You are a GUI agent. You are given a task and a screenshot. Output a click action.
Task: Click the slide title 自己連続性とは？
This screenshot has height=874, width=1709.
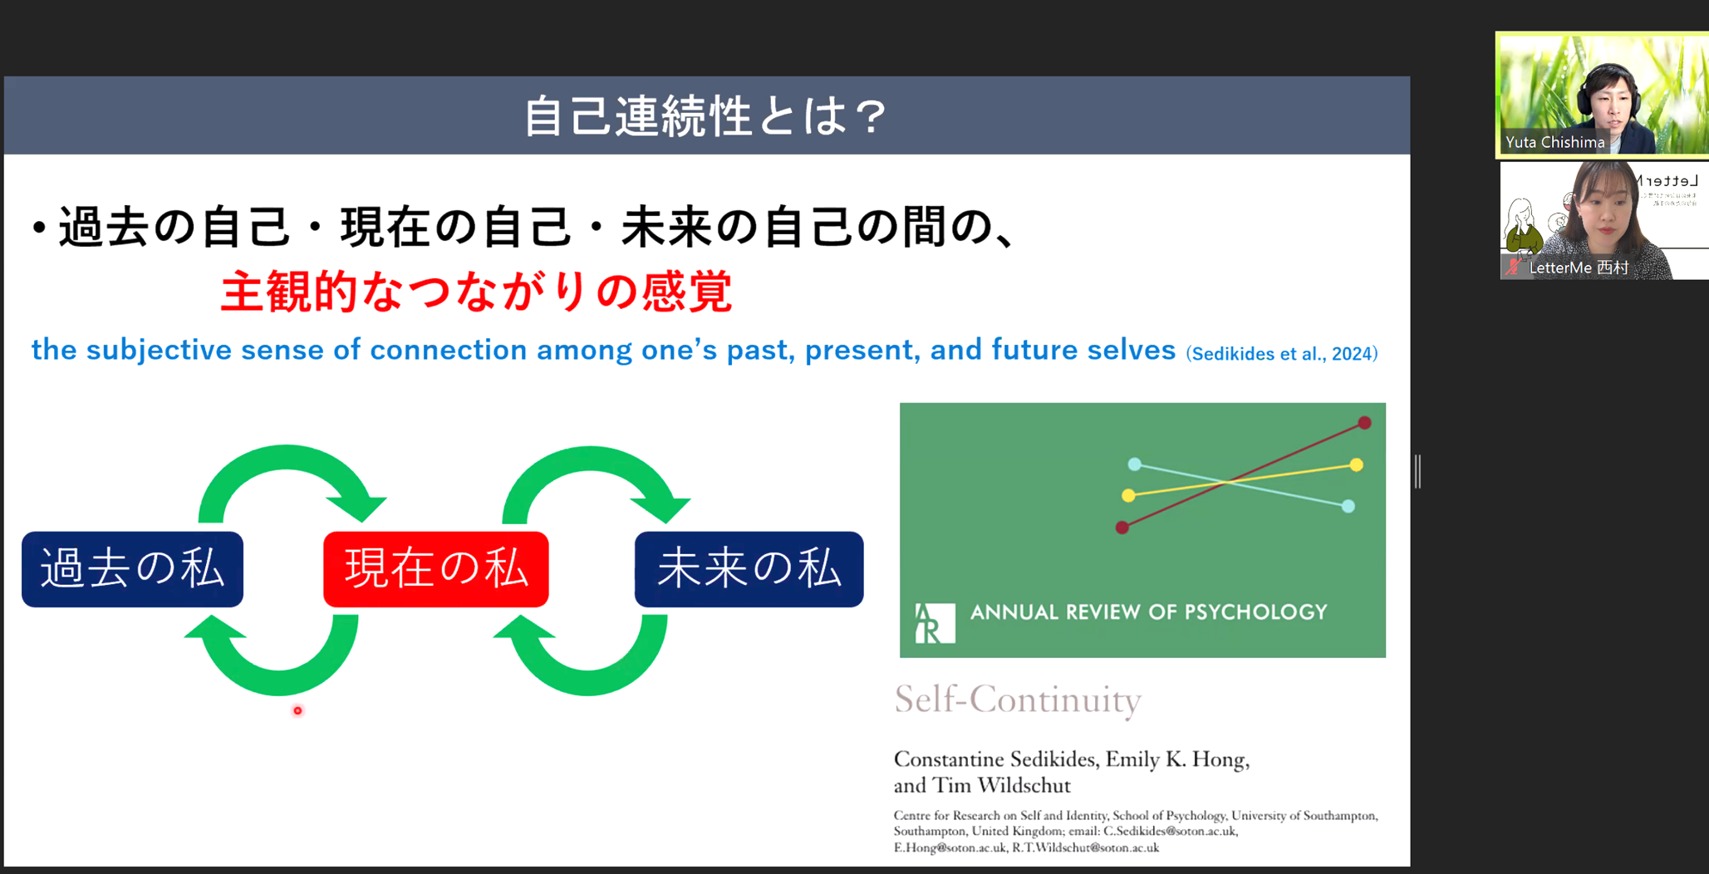coord(705,115)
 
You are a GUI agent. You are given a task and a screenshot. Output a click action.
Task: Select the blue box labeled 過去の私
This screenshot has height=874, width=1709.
coord(133,569)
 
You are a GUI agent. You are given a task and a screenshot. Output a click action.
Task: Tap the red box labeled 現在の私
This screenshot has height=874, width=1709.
coord(436,569)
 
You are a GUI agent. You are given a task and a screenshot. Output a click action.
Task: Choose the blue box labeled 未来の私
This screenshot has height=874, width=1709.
coord(749,569)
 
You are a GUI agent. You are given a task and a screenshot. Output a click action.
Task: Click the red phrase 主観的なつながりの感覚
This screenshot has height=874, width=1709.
coord(476,292)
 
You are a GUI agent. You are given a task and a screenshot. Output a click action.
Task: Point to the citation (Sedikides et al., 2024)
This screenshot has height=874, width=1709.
coord(1282,354)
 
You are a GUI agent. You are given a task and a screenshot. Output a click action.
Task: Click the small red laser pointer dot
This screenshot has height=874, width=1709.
coord(297,710)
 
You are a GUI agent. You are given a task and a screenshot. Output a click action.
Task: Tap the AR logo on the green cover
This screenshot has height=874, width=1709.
coord(935,623)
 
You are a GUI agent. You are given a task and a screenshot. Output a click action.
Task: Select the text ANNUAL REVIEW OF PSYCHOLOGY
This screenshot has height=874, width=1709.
coord(1149,612)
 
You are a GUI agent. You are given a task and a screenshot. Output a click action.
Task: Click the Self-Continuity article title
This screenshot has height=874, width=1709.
coord(1018,700)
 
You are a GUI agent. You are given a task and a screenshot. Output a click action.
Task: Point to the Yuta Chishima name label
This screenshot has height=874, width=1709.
coord(1554,142)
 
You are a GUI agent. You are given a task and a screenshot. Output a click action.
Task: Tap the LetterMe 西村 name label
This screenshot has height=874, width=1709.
coord(1579,268)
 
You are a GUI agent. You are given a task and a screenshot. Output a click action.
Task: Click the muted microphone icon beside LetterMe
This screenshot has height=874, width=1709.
coord(1514,267)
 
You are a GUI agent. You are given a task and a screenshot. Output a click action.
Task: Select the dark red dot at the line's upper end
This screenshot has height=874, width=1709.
coord(1364,423)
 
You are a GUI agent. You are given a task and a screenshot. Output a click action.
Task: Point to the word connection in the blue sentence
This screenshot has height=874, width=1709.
coord(449,350)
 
